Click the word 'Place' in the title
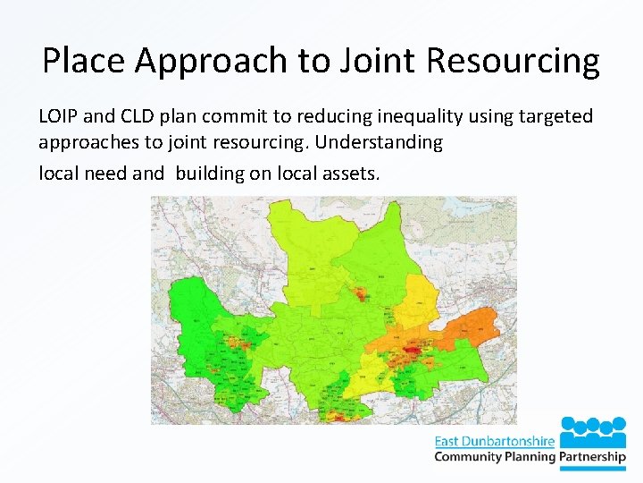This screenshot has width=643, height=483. pyautogui.click(x=84, y=61)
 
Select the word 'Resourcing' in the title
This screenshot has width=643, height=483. pyautogui.click(x=514, y=61)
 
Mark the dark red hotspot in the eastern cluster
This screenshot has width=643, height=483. pyautogui.click(x=411, y=352)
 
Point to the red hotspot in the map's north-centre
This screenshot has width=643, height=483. pyautogui.click(x=359, y=293)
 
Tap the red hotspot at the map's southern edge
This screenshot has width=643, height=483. pyautogui.click(x=338, y=415)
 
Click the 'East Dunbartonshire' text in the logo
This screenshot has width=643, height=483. pyautogui.click(x=494, y=441)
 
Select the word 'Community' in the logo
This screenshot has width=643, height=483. pyautogui.click(x=469, y=457)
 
